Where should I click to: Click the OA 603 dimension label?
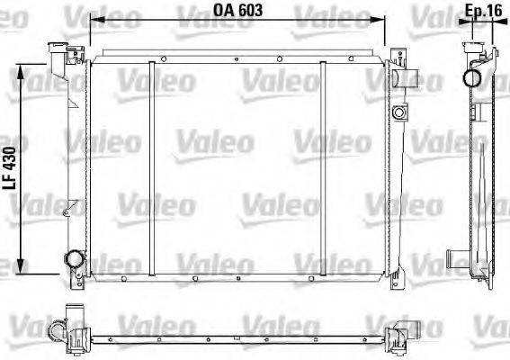point(238,11)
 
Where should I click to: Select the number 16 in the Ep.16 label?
point(496,11)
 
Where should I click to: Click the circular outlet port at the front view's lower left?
point(73,260)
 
